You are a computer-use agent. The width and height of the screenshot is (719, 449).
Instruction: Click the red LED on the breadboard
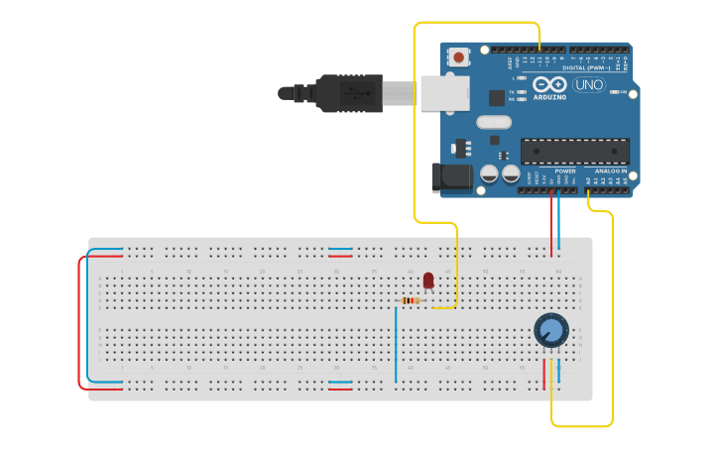428,281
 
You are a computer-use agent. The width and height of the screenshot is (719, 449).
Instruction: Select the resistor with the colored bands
412,300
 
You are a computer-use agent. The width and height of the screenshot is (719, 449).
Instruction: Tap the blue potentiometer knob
550,329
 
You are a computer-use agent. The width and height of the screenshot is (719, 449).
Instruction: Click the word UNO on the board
588,85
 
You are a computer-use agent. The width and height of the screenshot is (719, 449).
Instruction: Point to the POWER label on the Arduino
565,170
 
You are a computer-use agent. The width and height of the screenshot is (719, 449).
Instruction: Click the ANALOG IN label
610,170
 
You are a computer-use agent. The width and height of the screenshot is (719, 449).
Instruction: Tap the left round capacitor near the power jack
489,174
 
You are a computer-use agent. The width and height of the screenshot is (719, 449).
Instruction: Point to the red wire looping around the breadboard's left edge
79,322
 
